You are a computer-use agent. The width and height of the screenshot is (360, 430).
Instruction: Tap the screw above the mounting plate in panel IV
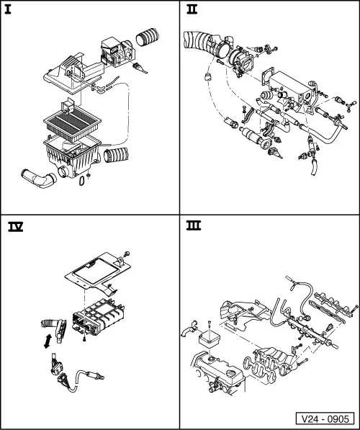click(127, 254)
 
